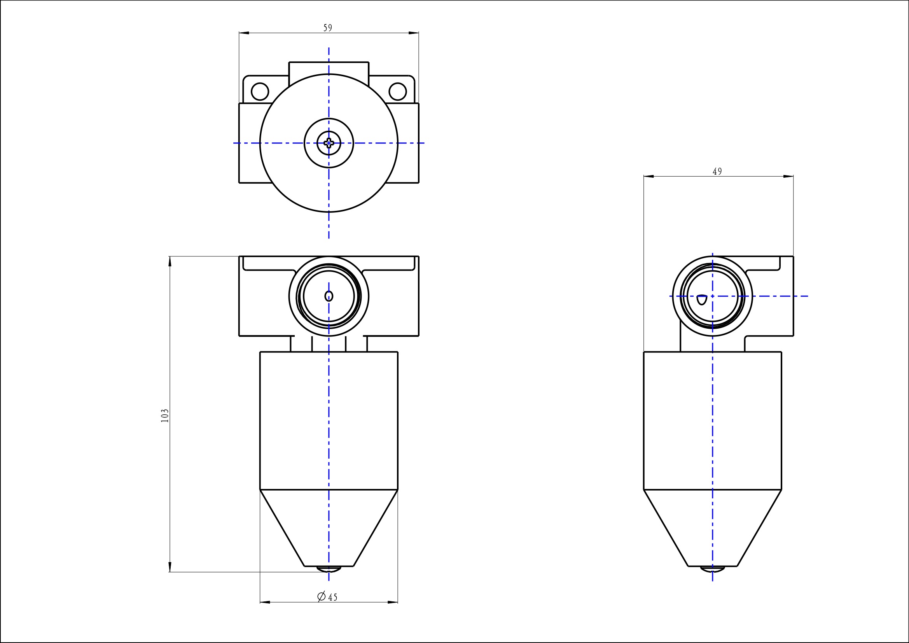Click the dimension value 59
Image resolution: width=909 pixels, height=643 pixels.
(x=328, y=28)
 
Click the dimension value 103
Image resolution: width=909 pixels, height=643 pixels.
(x=165, y=415)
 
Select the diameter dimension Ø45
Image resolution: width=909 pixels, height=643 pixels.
(x=328, y=597)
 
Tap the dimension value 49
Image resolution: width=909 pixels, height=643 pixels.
(x=717, y=172)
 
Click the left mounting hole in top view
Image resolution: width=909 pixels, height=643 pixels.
(x=260, y=91)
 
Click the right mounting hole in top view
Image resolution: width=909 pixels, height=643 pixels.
(x=397, y=91)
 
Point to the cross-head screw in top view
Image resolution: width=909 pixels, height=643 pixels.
(x=329, y=143)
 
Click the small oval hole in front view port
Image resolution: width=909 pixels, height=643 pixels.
(x=329, y=296)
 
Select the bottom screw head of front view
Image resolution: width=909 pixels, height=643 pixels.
(x=329, y=569)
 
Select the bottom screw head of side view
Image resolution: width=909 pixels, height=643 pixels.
(x=712, y=569)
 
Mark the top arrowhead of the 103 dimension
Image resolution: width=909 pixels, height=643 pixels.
(x=170, y=261)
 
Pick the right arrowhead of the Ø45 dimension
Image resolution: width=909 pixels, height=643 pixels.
(x=393, y=602)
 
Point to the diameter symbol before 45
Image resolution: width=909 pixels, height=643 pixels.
(x=322, y=596)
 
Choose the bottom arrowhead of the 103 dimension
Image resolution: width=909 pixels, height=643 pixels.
(x=170, y=566)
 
